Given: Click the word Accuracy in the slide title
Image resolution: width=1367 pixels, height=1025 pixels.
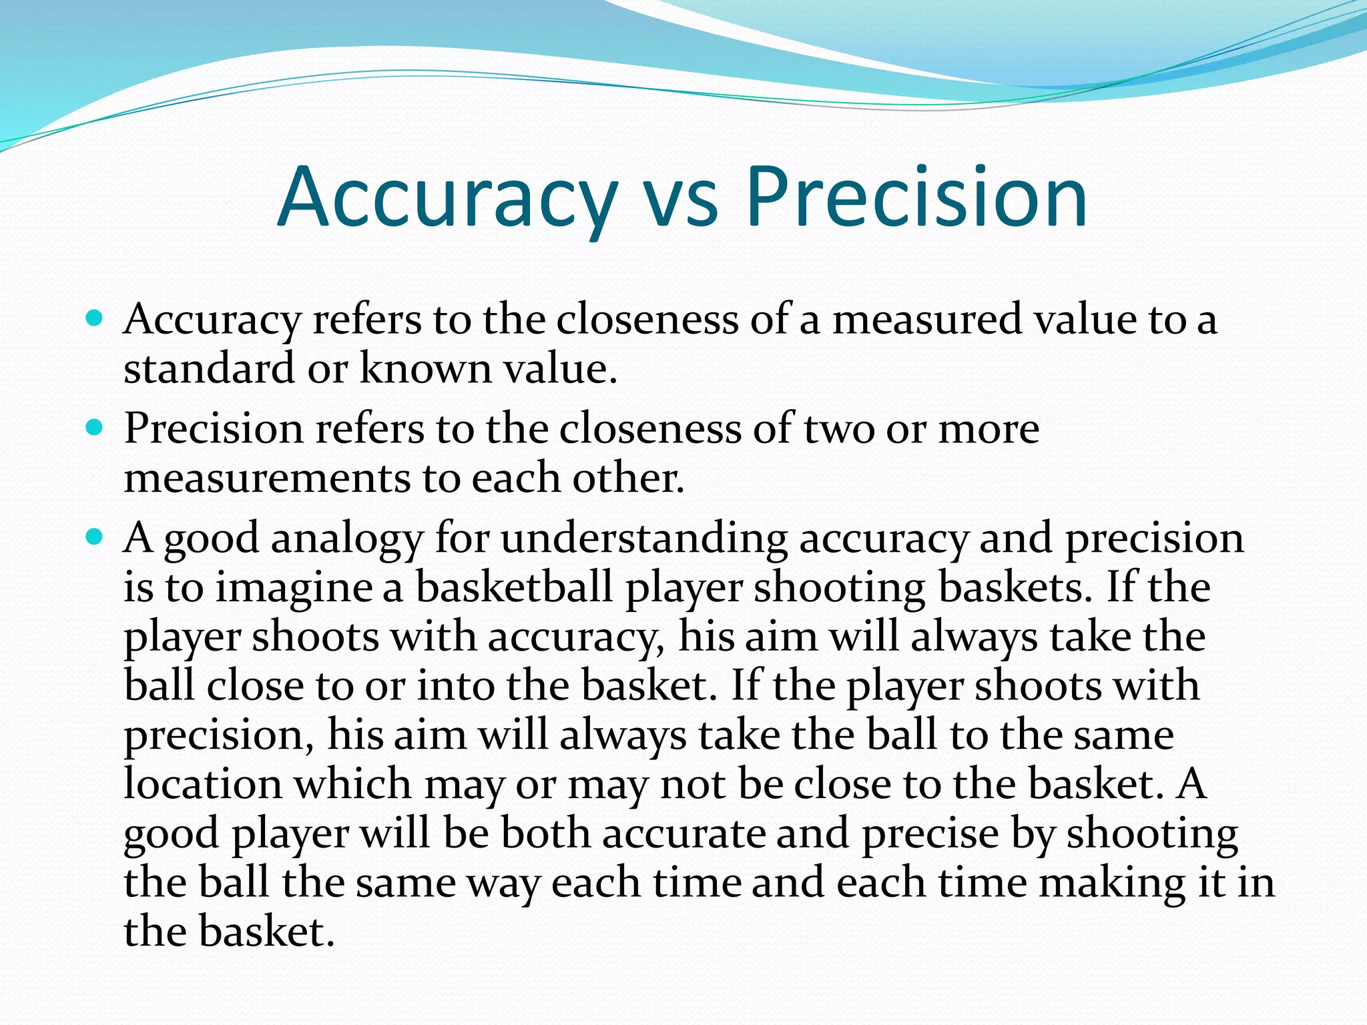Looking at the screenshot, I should [x=447, y=198].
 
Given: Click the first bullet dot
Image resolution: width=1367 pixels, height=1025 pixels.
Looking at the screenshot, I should [x=95, y=318].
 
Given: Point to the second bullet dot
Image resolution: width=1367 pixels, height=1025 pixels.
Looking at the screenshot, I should [x=95, y=428].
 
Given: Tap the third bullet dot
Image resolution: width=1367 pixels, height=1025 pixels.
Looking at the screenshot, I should [x=95, y=537].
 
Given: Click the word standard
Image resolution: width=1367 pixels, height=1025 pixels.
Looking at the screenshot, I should [x=209, y=368].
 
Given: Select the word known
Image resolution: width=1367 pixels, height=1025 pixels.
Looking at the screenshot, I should [x=425, y=368].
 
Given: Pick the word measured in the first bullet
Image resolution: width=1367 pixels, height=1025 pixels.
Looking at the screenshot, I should [x=926, y=319].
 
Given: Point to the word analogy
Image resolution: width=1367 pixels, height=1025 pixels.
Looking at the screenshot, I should [x=347, y=539].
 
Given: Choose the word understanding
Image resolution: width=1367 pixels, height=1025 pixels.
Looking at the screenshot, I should [x=644, y=539].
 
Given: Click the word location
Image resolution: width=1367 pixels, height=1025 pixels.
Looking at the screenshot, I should [x=203, y=783].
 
